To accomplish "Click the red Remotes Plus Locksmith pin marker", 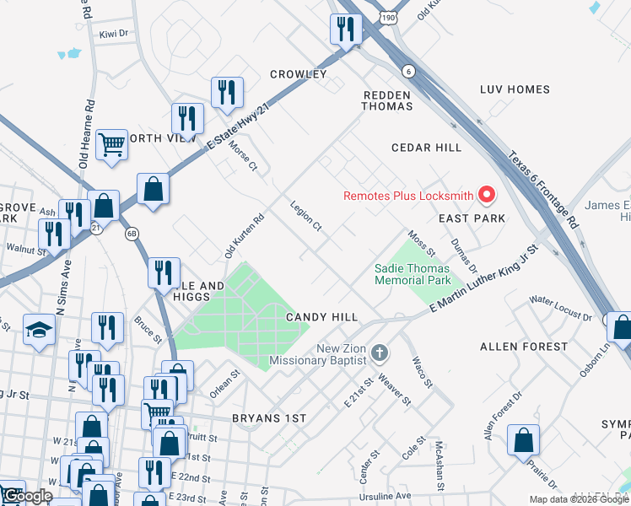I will tap(486, 196).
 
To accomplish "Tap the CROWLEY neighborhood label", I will tap(298, 74).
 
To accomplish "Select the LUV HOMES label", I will tap(515, 89).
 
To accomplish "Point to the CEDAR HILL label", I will tap(426, 148).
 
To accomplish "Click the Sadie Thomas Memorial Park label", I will tap(413, 274).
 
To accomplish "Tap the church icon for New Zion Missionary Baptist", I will tap(379, 351).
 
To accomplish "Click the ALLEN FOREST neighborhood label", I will tap(524, 347).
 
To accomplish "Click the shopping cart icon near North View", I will tap(111, 144).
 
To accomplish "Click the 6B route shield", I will tap(132, 234).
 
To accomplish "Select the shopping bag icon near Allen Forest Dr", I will tap(523, 439).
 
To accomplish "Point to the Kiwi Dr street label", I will tap(112, 34).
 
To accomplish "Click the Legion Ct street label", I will tap(305, 215).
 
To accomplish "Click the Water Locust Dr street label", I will tap(560, 308).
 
